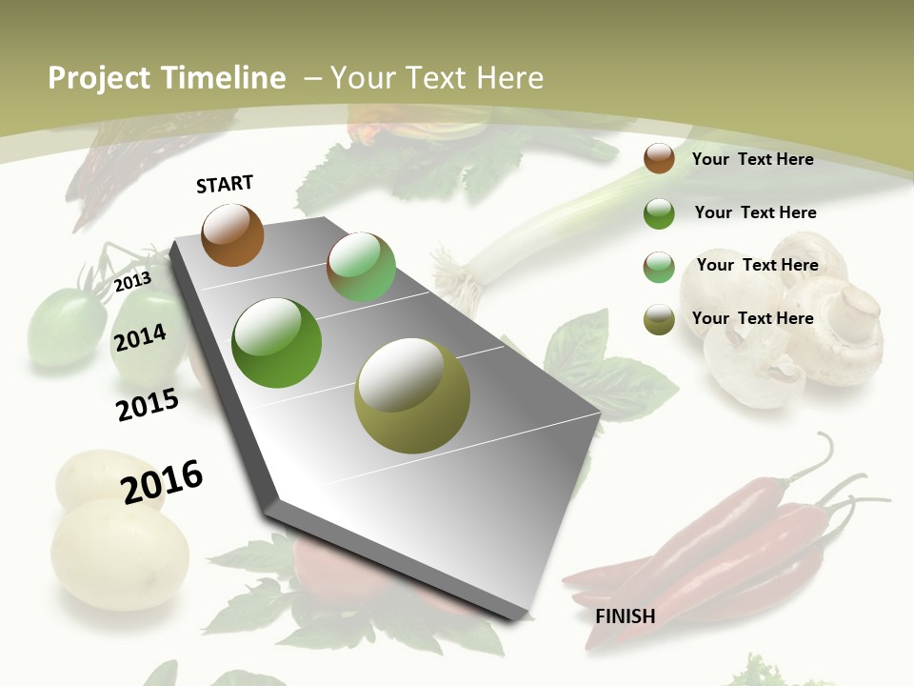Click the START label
point(225,184)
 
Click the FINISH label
point(625,616)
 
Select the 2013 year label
point(132,282)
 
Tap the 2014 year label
point(140,337)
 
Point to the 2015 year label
point(148,405)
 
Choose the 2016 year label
point(162,481)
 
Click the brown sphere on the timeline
point(232,234)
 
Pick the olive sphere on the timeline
point(412,395)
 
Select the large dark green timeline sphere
point(277,343)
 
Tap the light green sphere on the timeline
point(361,267)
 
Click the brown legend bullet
point(659,159)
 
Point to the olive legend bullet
point(659,319)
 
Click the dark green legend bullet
point(659,213)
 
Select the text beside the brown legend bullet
point(752,159)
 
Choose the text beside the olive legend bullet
point(752,318)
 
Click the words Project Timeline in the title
point(167,78)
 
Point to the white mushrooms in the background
point(790,324)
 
